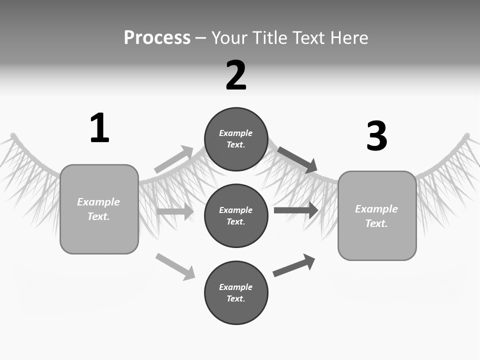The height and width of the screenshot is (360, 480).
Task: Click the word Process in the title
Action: coord(157,37)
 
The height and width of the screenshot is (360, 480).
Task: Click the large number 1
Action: coord(99,128)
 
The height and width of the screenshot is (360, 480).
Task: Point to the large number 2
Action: coord(236,75)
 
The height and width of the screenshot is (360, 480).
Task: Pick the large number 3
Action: coord(376,136)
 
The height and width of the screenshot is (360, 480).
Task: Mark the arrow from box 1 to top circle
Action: coord(173,159)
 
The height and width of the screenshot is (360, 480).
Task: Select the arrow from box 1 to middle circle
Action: coord(175,211)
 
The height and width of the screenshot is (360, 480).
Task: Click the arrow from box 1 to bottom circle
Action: coord(175,266)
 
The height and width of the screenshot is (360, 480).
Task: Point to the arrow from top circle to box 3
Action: coord(297,159)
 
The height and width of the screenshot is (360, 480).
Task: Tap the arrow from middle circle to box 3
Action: coord(296,210)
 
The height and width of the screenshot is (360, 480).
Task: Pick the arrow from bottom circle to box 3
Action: coord(294,265)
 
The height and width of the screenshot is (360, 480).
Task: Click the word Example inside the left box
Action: coord(98,202)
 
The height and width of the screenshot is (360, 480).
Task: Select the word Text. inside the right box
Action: coord(376,223)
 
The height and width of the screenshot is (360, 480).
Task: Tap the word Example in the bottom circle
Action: coord(236,287)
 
